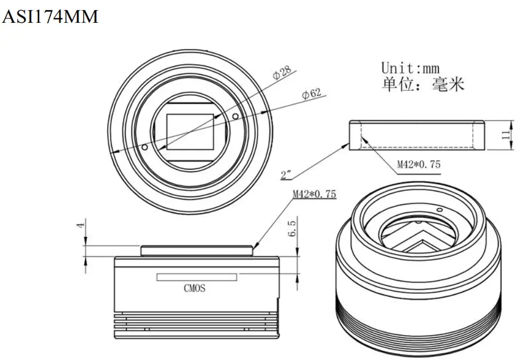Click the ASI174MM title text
click(x=50, y=17)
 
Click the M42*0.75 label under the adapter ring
click(x=419, y=164)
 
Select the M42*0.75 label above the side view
click(x=314, y=194)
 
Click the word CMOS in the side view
click(x=194, y=288)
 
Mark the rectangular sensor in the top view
click(x=190, y=131)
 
